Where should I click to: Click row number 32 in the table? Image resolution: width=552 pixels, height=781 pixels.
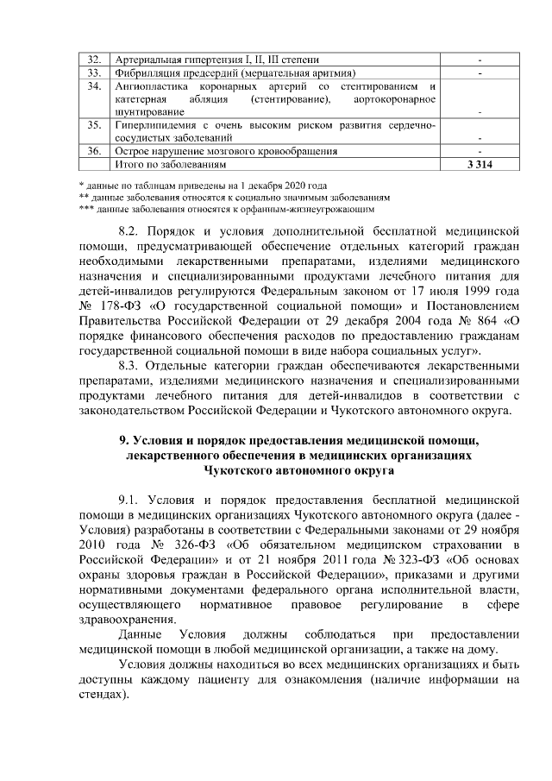pos(96,60)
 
